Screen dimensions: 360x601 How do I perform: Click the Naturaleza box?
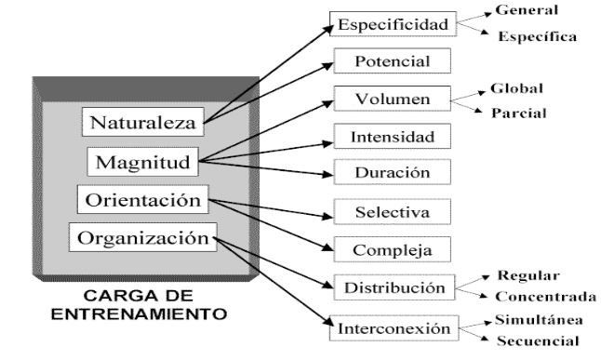coord(144,122)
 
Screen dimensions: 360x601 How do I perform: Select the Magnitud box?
coord(143,162)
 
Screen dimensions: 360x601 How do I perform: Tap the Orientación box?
coord(143,200)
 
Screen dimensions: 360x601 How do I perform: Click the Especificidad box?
coord(392,23)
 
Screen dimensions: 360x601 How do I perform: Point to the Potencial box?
coord(392,60)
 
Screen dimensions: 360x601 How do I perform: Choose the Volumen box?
coord(392,99)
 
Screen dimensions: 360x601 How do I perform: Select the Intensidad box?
coord(392,137)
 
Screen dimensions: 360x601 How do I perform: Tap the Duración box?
coord(392,174)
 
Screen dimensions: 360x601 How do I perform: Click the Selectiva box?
coord(392,212)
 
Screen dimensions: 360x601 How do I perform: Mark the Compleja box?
coord(392,250)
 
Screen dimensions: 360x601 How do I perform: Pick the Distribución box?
coord(392,288)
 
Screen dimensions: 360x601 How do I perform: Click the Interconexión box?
coord(392,327)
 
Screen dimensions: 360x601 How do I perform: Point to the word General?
coord(527,9)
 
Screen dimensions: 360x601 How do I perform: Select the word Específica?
coord(538,37)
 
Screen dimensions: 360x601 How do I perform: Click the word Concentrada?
coord(545,297)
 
